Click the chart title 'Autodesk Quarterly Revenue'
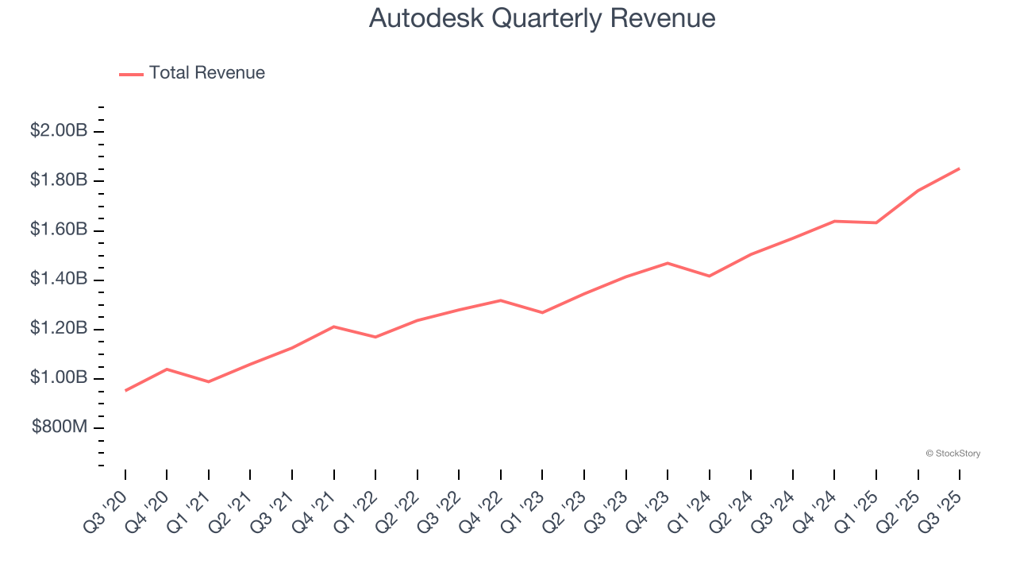tap(542, 18)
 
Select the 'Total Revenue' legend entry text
tap(206, 73)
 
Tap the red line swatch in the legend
tap(131, 74)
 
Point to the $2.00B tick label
tap(59, 131)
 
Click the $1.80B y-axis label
tap(59, 180)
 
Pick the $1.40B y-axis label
tap(59, 279)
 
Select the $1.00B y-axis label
tap(59, 378)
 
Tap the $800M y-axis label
tap(60, 427)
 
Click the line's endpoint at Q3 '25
tap(959, 168)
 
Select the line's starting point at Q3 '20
tap(125, 390)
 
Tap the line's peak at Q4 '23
tap(668, 263)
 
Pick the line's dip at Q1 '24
tap(709, 276)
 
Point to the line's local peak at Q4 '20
tap(167, 369)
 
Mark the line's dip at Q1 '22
tap(375, 337)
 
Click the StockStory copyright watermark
tap(952, 454)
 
